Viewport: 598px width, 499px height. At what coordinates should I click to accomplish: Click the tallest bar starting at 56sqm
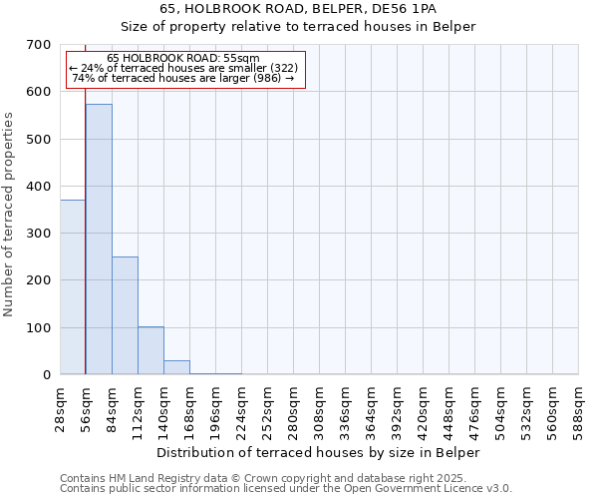tap(99, 240)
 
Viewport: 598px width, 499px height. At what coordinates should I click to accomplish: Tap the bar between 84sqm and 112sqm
tap(125, 315)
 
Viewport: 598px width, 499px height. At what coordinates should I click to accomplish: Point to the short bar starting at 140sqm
tap(176, 367)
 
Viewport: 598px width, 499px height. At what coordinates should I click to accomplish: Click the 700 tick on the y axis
tap(39, 45)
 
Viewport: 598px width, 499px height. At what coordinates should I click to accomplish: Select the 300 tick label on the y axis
tap(39, 234)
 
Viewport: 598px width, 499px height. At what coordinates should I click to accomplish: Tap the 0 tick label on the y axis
tap(46, 375)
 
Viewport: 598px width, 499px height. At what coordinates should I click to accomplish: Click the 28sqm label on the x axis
tap(61, 407)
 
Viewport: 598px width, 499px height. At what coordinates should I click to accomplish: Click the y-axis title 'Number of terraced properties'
tap(10, 215)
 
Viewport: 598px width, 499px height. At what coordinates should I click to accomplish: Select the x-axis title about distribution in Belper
tap(319, 452)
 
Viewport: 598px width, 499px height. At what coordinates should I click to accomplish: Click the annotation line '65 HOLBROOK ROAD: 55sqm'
tap(183, 58)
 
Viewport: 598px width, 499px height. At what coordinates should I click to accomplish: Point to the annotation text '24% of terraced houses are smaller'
tap(183, 68)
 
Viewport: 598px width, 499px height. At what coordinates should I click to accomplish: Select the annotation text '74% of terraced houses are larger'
tap(183, 78)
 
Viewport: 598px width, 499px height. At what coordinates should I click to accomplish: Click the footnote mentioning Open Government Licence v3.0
tap(286, 489)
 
